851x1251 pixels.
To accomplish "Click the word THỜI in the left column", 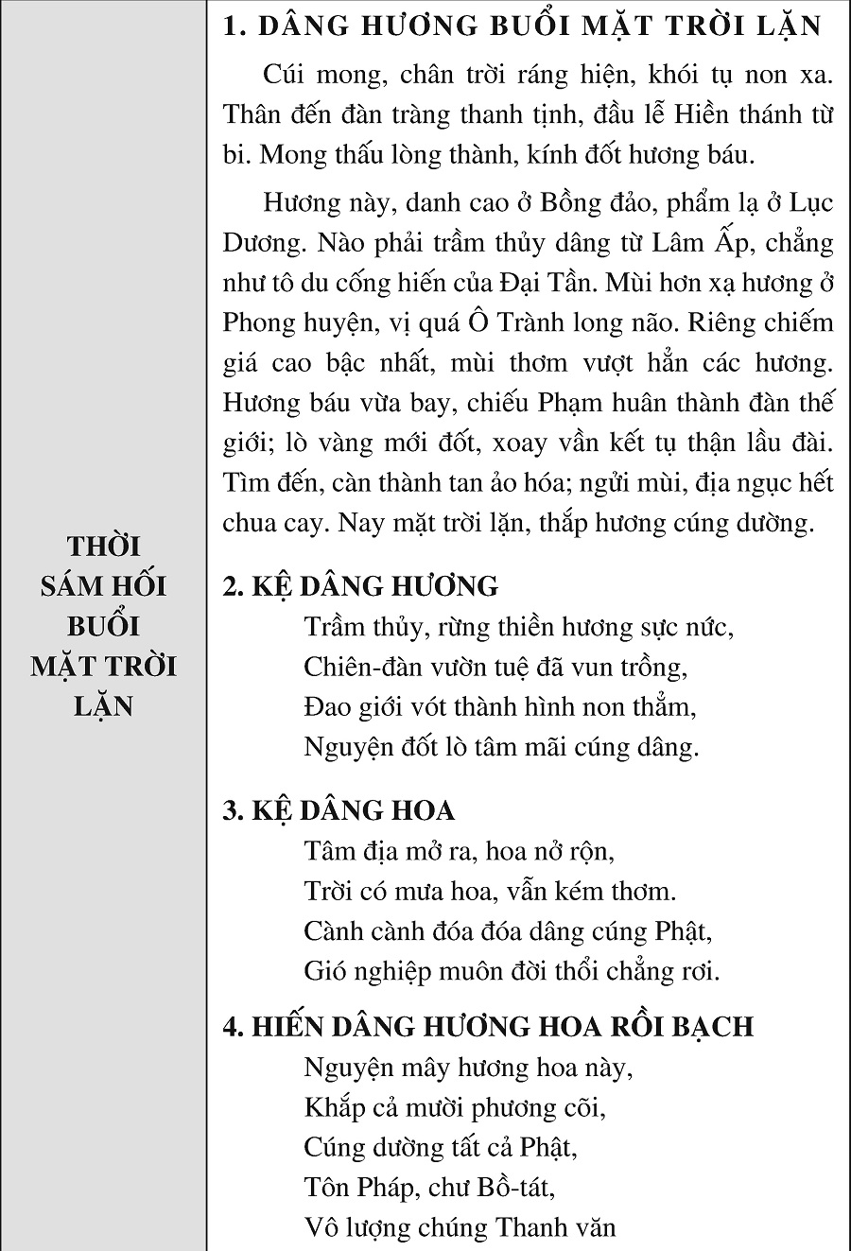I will click(104, 547).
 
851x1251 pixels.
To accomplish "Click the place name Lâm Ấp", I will click(691, 243).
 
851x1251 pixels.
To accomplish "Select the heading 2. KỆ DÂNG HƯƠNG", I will click(360, 586).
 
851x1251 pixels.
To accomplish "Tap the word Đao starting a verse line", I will click(326, 706).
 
